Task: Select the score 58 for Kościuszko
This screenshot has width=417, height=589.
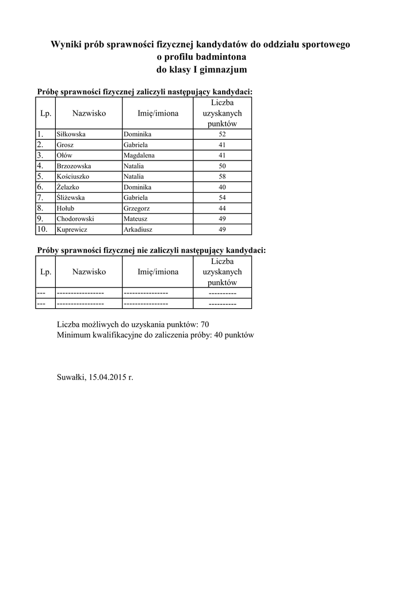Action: click(x=222, y=177)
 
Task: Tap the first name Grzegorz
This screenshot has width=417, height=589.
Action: click(x=136, y=208)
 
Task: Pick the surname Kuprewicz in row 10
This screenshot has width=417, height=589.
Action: click(x=71, y=230)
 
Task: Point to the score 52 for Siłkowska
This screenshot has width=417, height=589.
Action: click(x=222, y=135)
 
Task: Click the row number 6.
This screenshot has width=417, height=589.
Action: click(x=40, y=187)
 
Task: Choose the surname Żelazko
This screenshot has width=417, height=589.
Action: click(x=67, y=188)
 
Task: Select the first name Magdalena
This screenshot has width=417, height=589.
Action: click(x=139, y=155)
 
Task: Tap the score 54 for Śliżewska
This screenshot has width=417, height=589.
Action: click(x=222, y=198)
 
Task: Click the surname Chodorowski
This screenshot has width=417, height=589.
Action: click(x=75, y=219)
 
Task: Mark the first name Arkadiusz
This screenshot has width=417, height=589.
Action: click(x=138, y=230)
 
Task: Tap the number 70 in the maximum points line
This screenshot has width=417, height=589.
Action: click(x=205, y=324)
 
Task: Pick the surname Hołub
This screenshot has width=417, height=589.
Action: click(x=66, y=208)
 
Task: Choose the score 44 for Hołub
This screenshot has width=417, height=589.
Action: click(x=222, y=208)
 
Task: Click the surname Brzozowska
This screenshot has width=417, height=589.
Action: click(x=74, y=166)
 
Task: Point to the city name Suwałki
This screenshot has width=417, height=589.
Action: click(x=71, y=378)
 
